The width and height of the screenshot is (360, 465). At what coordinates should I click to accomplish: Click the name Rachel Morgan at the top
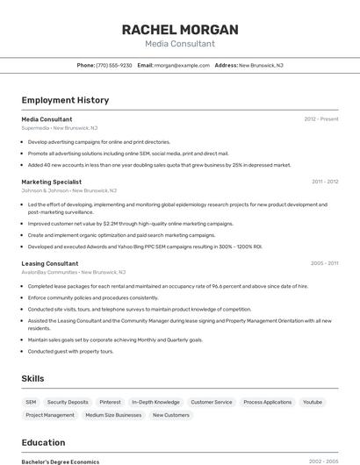180,30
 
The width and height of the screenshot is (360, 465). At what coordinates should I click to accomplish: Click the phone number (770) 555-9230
114,65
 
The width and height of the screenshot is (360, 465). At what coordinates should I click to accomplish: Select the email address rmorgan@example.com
182,65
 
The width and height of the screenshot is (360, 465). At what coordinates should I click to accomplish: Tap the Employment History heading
65,101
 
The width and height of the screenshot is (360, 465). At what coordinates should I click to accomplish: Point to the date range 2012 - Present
321,118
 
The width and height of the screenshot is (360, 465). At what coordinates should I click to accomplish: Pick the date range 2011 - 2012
325,182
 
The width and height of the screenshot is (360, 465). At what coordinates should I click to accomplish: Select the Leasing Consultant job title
50,263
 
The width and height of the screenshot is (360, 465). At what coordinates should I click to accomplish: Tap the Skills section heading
33,378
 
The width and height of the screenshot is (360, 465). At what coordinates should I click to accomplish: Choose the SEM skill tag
31,402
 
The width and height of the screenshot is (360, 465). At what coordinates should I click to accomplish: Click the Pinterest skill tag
110,402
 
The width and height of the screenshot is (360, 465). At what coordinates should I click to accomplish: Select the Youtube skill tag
312,402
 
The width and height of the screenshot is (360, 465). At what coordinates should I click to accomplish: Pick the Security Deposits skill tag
68,402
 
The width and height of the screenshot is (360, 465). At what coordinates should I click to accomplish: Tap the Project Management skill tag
50,415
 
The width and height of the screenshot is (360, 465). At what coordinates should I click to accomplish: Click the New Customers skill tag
170,415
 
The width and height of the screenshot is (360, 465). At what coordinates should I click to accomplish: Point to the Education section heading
44,442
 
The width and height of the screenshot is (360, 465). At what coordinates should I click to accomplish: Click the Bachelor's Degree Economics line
61,461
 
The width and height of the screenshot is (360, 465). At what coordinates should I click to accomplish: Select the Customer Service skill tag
212,402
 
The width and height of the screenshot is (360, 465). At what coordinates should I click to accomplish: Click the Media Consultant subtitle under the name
180,44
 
